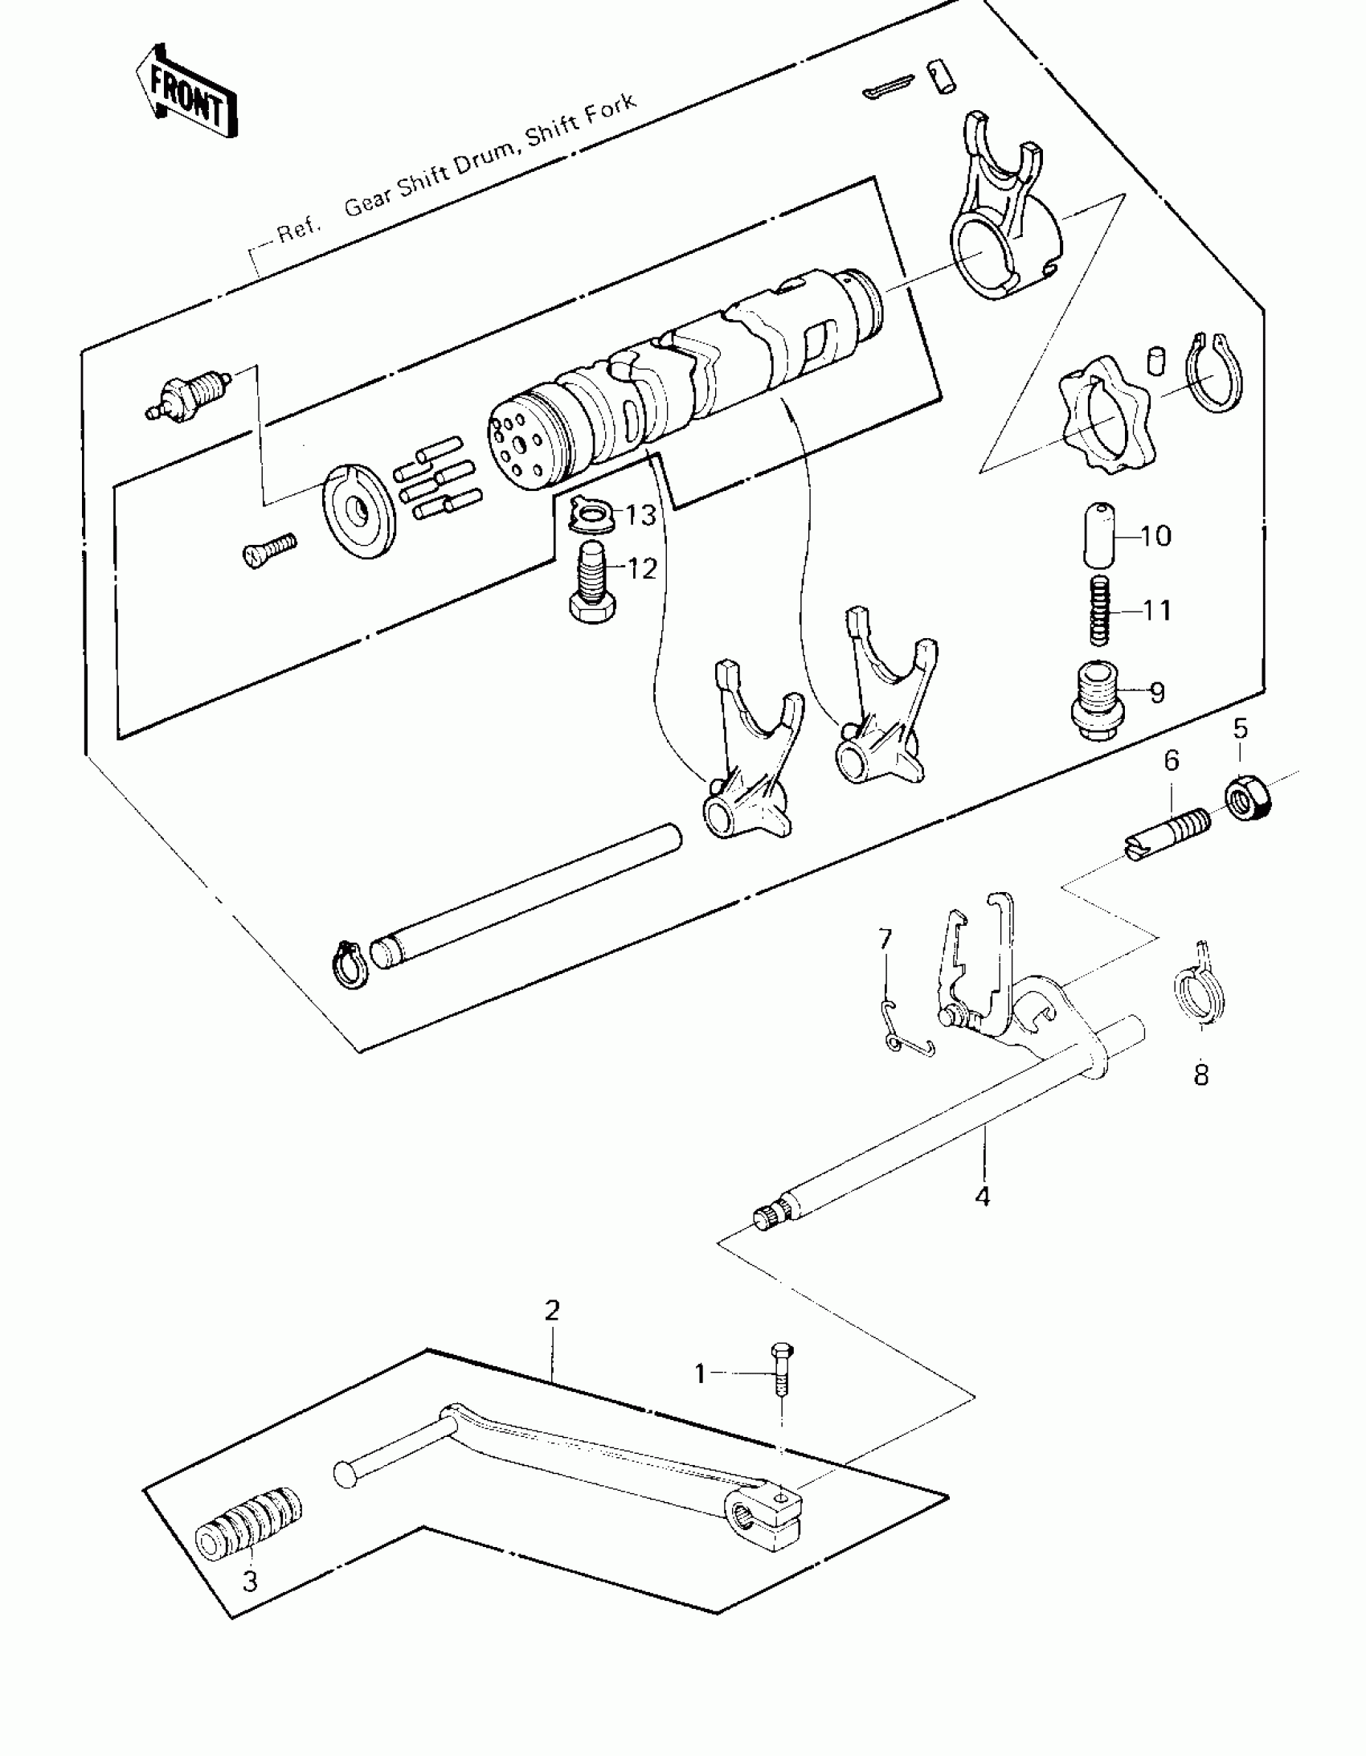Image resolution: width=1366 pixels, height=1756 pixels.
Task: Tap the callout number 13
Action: coord(640,514)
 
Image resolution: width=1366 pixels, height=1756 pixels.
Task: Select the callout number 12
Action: coord(640,568)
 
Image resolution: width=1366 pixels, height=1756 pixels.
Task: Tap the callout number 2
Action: coord(551,1311)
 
